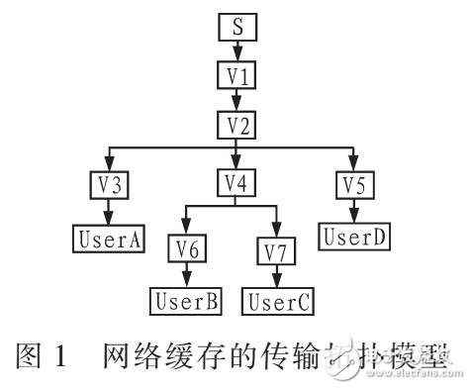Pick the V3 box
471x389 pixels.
click(109, 184)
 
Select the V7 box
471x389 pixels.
click(277, 250)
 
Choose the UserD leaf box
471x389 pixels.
click(353, 236)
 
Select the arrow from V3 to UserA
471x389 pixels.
click(109, 212)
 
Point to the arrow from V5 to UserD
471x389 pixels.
click(353, 210)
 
